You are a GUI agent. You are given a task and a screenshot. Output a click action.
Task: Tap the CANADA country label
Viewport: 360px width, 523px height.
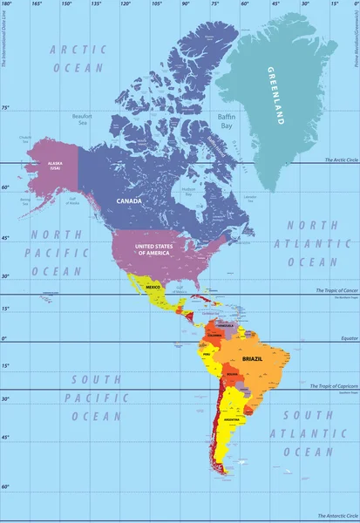click(x=130, y=200)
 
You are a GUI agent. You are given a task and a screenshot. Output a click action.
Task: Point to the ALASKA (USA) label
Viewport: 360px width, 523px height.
click(x=55, y=165)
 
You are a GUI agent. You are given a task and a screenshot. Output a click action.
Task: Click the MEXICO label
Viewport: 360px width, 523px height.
click(x=154, y=287)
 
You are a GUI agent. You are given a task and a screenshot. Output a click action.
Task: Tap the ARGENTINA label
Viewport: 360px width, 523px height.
click(x=233, y=419)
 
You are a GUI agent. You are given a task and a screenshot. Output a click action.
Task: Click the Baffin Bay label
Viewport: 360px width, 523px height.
click(x=226, y=121)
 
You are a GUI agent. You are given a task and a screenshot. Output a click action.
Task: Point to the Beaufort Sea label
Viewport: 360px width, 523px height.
click(x=82, y=119)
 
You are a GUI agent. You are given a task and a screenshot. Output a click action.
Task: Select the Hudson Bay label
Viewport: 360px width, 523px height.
click(x=187, y=191)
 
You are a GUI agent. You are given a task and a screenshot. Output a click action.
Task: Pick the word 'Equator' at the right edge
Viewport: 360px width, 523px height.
click(x=347, y=339)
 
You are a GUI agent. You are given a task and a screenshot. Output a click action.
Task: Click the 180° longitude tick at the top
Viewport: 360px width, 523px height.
click(x=7, y=4)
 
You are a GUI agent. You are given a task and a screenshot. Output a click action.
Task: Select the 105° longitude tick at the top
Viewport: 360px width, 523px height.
click(x=156, y=4)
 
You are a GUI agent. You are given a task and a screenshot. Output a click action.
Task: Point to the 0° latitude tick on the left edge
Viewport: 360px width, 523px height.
click(x=4, y=338)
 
